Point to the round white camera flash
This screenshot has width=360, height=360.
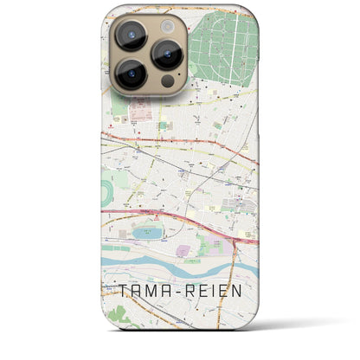click(x=167, y=26)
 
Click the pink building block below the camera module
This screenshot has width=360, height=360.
click(x=143, y=113)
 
